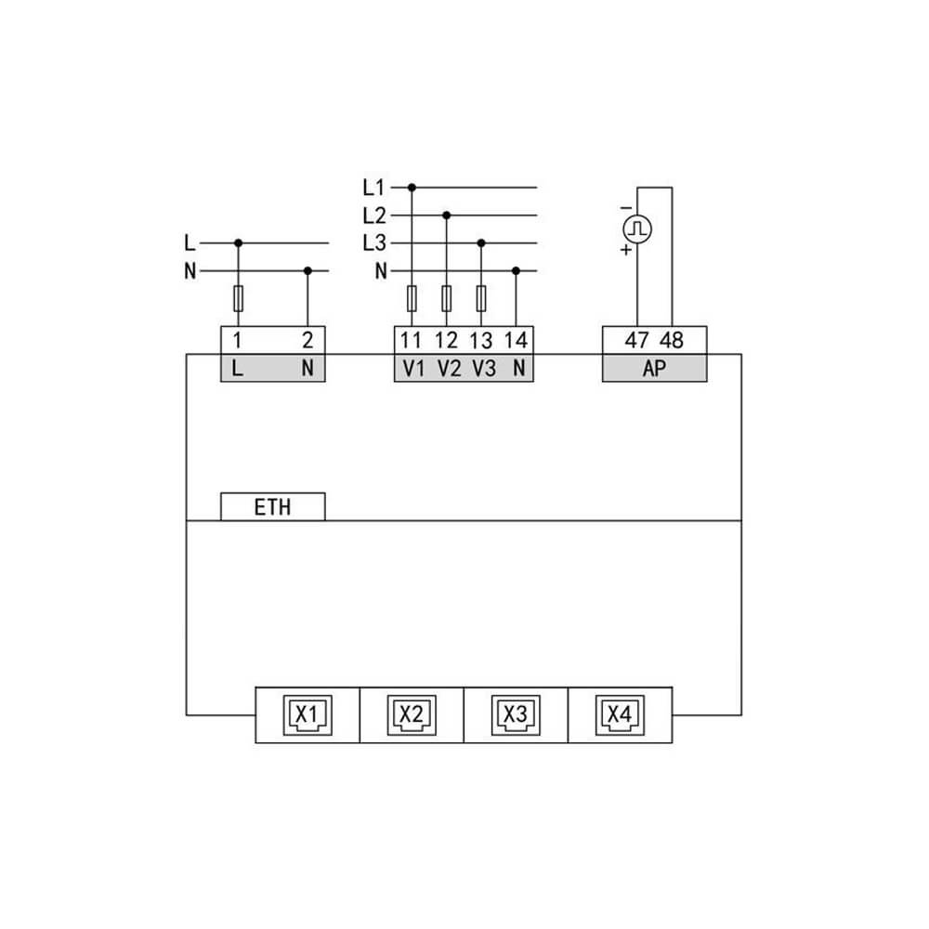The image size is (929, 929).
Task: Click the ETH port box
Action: pyautogui.click(x=272, y=506)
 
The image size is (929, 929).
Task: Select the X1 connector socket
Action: pyautogui.click(x=307, y=715)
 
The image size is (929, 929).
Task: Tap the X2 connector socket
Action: pyautogui.click(x=412, y=715)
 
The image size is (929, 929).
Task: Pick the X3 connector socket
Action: pyautogui.click(x=516, y=715)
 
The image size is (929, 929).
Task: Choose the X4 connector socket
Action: pyautogui.click(x=620, y=715)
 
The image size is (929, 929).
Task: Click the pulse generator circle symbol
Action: pyautogui.click(x=637, y=229)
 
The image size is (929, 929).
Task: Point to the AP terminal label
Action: pyautogui.click(x=654, y=369)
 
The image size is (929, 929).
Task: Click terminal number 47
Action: pyautogui.click(x=637, y=340)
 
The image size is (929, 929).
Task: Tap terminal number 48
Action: pyautogui.click(x=672, y=340)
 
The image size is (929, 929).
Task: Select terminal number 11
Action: pyautogui.click(x=411, y=340)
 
